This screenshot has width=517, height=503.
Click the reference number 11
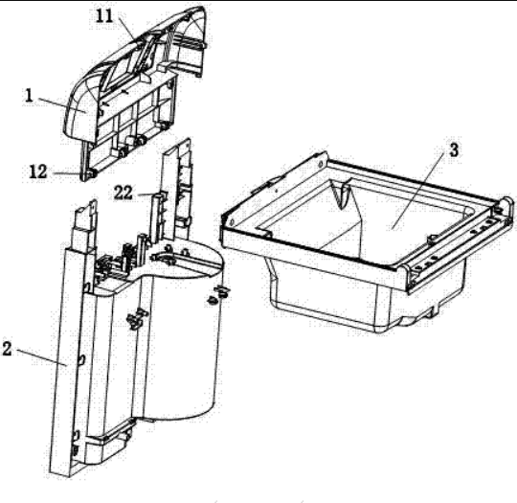105,16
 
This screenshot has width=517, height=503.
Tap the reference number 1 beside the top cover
29,96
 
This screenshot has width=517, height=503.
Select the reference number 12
38,171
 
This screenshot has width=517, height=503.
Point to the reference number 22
124,194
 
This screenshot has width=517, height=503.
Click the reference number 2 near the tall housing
7,349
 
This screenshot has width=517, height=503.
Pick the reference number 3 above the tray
454,150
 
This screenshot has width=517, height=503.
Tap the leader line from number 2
42,357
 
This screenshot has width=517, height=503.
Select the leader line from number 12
67,173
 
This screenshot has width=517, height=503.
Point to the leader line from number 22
146,194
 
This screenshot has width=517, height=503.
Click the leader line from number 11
126,29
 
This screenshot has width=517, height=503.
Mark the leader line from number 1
62,105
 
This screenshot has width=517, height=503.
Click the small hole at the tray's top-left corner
320,164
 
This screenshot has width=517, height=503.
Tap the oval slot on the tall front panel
81,359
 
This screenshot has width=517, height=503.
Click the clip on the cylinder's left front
136,317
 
